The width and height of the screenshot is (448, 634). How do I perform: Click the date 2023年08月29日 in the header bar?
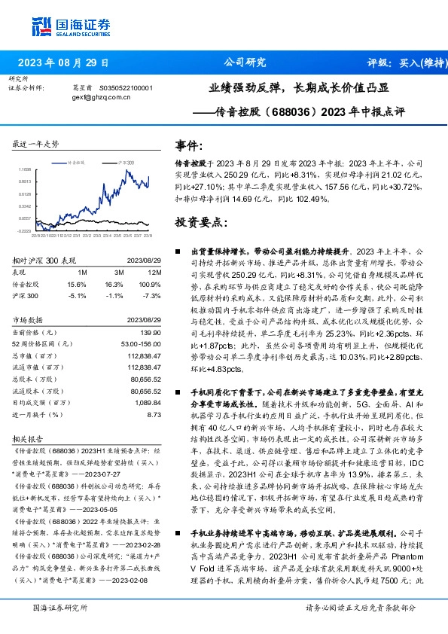click(x=63, y=62)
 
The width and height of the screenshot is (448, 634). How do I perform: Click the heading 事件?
click(x=188, y=145)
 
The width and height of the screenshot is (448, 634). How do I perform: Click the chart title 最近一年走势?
click(x=36, y=143)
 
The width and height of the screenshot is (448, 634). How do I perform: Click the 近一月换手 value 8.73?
click(x=154, y=414)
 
